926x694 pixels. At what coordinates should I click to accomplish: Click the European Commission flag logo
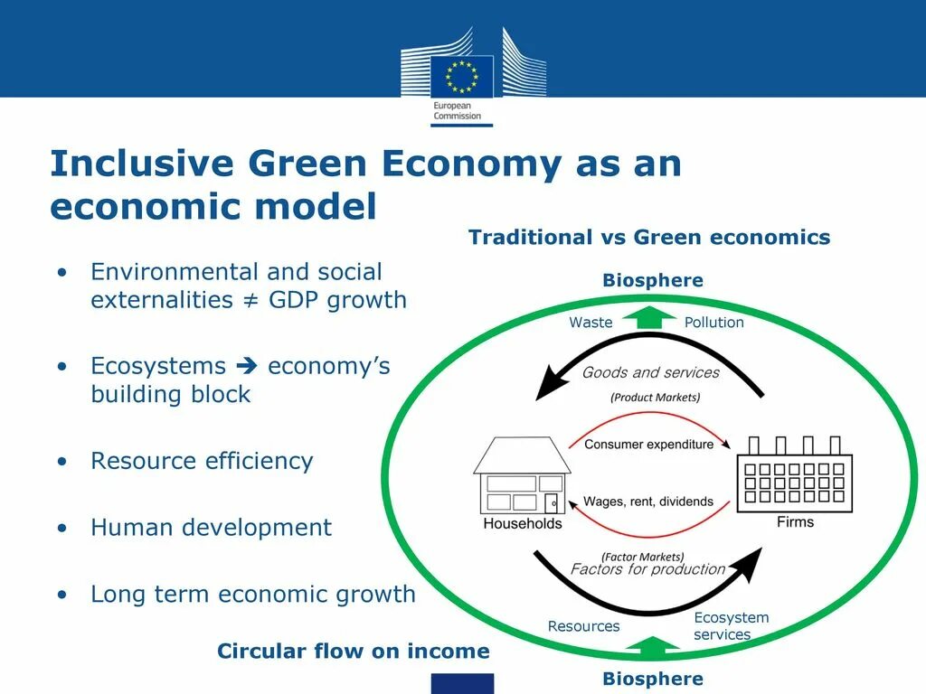pyautogui.click(x=462, y=76)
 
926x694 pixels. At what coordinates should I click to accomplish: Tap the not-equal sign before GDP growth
pyautogui.click(x=251, y=300)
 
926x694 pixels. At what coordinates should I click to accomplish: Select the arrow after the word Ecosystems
pyautogui.click(x=246, y=366)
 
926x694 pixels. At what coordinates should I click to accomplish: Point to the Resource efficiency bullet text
pyautogui.click(x=202, y=461)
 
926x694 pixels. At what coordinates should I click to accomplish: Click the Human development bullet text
pyautogui.click(x=211, y=528)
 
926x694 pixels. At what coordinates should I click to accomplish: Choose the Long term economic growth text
pyautogui.click(x=253, y=595)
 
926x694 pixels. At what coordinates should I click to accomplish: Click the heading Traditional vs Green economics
pyautogui.click(x=648, y=238)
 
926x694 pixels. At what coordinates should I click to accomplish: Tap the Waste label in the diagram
pyautogui.click(x=591, y=323)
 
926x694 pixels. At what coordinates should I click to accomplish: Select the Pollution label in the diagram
pyautogui.click(x=713, y=323)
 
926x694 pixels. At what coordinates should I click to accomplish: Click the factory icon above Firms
pyautogui.click(x=795, y=474)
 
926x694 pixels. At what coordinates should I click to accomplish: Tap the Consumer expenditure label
pyautogui.click(x=648, y=445)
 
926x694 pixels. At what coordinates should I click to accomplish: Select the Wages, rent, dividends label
pyautogui.click(x=647, y=502)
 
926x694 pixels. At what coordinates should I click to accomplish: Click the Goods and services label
pyautogui.click(x=650, y=372)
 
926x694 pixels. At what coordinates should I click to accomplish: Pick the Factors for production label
pyautogui.click(x=647, y=569)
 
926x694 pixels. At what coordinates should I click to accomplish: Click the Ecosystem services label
pyautogui.click(x=731, y=625)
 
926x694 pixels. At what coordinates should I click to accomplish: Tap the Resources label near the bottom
pyautogui.click(x=583, y=626)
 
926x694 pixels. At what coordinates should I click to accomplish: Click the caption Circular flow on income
pyautogui.click(x=353, y=652)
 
